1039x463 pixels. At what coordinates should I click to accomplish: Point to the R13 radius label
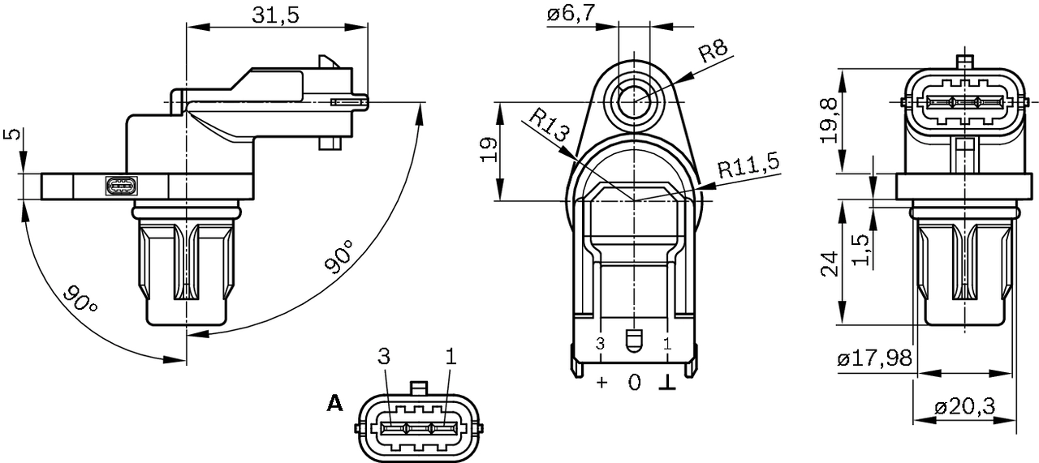[550, 126]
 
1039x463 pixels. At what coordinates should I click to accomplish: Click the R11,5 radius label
[748, 165]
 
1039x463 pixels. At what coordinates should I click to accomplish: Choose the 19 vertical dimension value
[487, 150]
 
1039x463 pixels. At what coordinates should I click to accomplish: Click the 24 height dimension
[829, 263]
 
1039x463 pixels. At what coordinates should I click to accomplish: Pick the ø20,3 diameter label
[965, 407]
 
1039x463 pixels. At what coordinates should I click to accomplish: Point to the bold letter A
[334, 402]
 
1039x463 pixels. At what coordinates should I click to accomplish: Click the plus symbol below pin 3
[601, 382]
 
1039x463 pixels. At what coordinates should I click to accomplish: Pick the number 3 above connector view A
[384, 357]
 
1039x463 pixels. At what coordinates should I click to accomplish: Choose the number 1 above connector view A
[451, 357]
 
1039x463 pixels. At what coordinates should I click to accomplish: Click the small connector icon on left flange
[122, 186]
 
